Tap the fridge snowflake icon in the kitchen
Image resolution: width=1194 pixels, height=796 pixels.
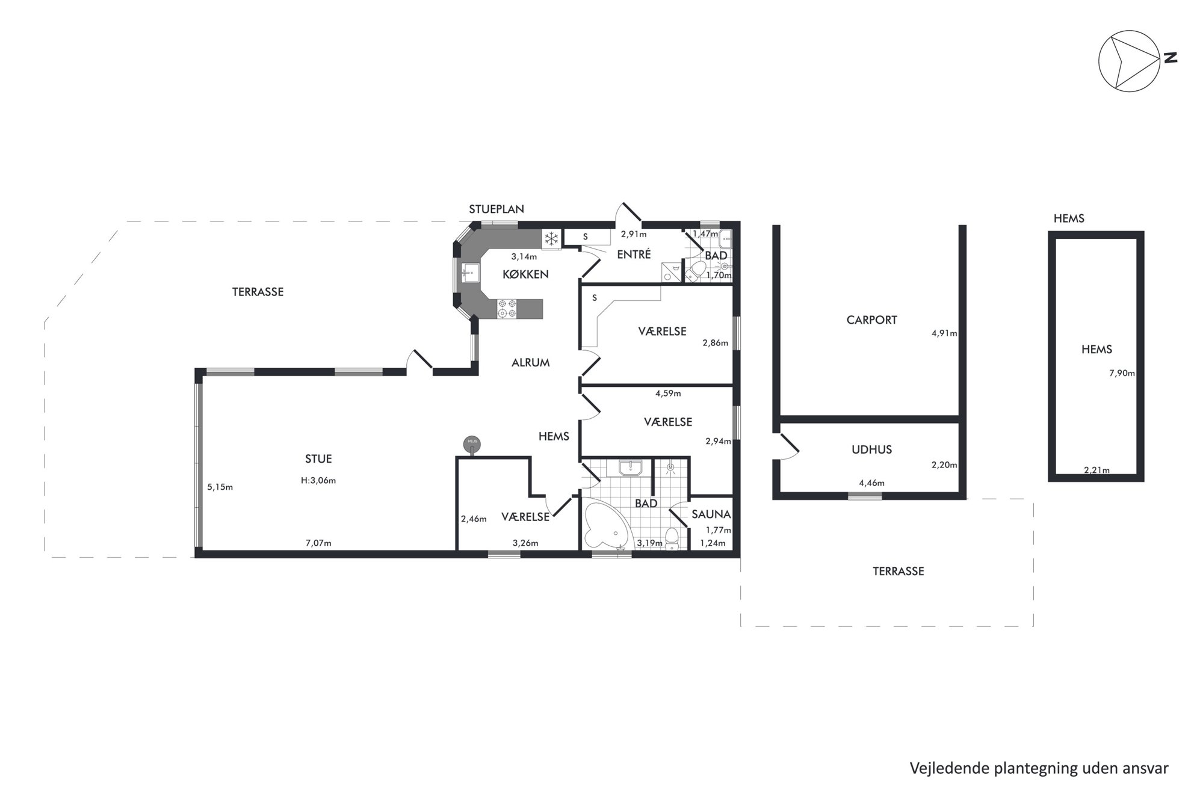[x=551, y=239]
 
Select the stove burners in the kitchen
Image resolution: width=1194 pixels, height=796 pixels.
[x=506, y=309]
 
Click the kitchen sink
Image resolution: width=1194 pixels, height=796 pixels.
[x=470, y=273]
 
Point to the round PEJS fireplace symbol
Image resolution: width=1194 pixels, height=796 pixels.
[x=472, y=444]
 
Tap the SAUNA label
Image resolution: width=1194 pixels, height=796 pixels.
[x=711, y=514]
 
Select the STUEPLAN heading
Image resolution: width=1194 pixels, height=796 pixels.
[x=496, y=209]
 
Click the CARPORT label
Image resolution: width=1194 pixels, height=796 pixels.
[x=871, y=320]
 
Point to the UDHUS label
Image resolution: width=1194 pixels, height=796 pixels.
[x=871, y=449]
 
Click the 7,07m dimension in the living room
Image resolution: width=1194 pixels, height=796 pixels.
[x=318, y=543]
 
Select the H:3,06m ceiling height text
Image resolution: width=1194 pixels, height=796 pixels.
[x=318, y=480]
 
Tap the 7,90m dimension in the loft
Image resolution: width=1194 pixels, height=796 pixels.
[x=1122, y=373]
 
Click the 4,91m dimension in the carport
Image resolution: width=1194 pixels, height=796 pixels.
[x=944, y=333]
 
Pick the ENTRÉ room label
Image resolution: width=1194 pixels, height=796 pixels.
[x=634, y=255]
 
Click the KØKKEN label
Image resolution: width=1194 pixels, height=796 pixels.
[x=526, y=274]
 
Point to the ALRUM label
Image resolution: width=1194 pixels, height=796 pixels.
[x=531, y=363]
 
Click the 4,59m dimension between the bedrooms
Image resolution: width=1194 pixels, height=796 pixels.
[x=668, y=393]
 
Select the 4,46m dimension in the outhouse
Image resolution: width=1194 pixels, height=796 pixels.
[x=871, y=483]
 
